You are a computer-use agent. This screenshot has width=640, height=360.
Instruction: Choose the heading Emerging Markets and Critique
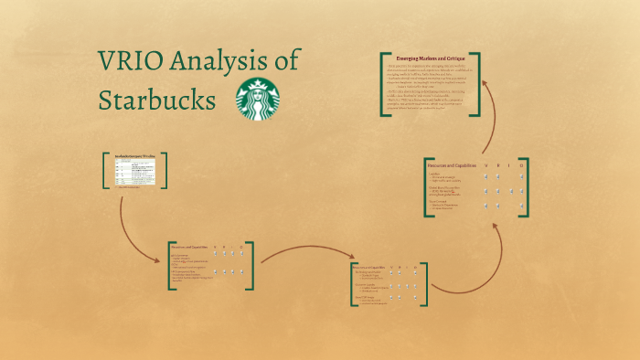pos(430,58)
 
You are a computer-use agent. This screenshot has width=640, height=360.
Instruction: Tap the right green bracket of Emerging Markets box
pos(478,84)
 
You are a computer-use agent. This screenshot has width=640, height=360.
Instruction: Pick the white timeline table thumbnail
pos(134,171)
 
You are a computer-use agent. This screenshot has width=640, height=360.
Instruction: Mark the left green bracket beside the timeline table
pos(105,171)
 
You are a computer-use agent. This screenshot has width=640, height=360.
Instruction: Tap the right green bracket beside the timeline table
pos(165,171)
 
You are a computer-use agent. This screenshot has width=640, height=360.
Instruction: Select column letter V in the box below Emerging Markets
pos(485,165)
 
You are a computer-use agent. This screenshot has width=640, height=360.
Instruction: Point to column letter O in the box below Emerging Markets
pos(521,165)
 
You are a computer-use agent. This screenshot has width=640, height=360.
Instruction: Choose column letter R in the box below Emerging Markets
pos(497,165)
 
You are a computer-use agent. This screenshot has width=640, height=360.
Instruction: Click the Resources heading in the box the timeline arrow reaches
pos(188,248)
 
